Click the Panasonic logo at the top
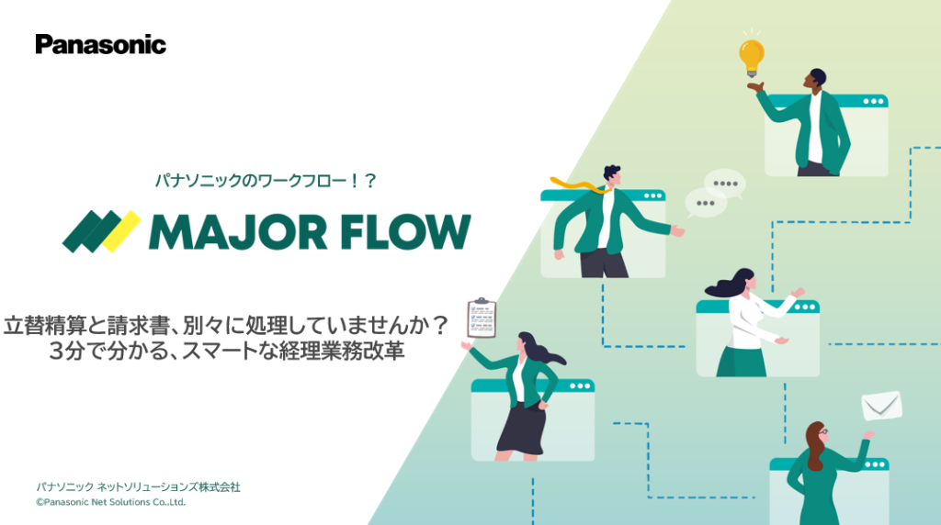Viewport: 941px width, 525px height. pos(101,44)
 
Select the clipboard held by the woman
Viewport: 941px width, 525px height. pos(481,318)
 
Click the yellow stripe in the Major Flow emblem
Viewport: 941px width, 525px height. pos(120,231)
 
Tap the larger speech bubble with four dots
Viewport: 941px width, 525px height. pos(725,183)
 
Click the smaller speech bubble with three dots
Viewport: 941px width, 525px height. pos(705,203)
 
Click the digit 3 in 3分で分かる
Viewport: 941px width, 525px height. pos(58,352)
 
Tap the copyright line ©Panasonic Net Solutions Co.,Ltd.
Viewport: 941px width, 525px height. pos(111,503)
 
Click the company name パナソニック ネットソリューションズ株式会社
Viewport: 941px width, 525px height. pos(138,486)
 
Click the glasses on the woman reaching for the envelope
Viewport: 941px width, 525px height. pos(822,431)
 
